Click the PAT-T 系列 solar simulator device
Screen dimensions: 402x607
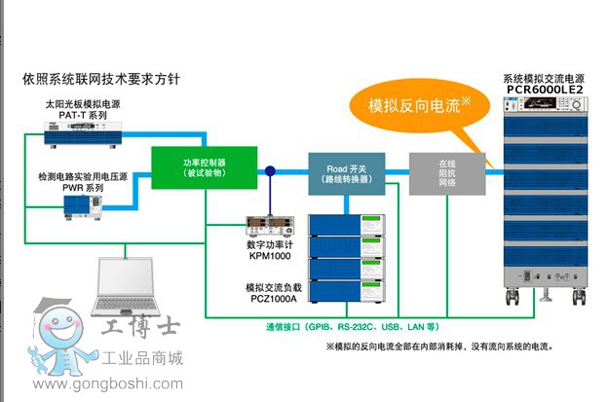pyautogui.click(x=85, y=130)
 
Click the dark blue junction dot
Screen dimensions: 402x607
pyautogui.click(x=270, y=171)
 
